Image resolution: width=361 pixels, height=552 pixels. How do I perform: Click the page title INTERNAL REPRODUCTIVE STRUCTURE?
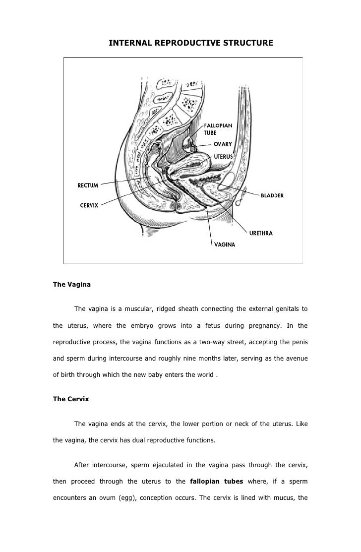[x=191, y=44]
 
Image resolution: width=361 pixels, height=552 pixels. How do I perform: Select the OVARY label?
[x=223, y=144]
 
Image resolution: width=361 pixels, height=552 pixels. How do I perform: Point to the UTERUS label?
[x=224, y=156]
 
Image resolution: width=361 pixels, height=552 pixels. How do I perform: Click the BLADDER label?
[x=272, y=195]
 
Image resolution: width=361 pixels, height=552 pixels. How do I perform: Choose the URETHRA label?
[x=261, y=232]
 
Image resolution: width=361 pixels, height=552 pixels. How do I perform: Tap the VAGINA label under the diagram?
[x=224, y=244]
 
